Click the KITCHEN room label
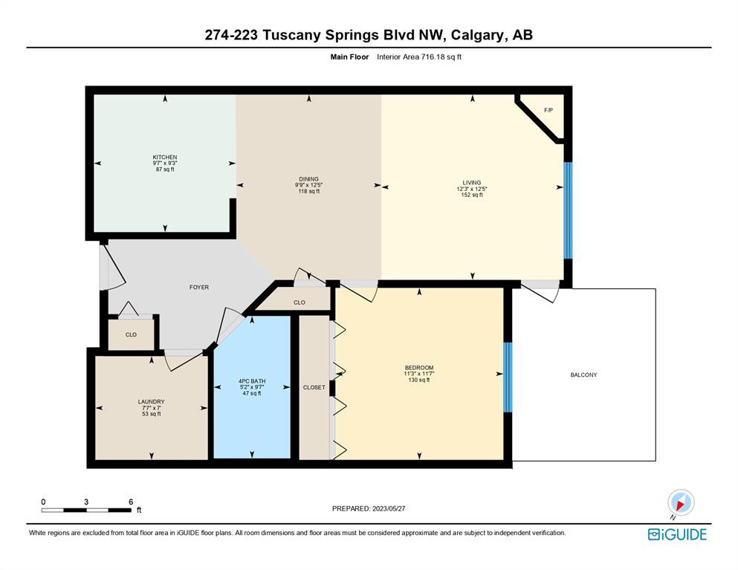click(x=165, y=158)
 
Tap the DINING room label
click(x=308, y=179)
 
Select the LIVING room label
click(x=472, y=183)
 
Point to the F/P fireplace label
click(x=548, y=110)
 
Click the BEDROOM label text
click(x=419, y=368)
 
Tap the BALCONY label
click(x=583, y=375)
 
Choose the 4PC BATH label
click(x=252, y=380)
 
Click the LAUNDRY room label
click(x=151, y=401)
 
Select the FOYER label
click(x=199, y=287)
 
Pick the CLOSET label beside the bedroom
click(x=314, y=387)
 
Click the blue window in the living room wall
click(x=568, y=210)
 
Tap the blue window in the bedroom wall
click(x=508, y=377)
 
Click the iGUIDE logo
click(x=677, y=534)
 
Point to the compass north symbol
click(x=680, y=502)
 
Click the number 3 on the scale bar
click(x=86, y=502)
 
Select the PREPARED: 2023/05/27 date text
click(x=369, y=508)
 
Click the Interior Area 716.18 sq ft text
click(x=419, y=57)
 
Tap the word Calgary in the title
click(x=477, y=36)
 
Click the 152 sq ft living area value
click(x=472, y=195)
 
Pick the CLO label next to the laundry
click(x=131, y=334)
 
